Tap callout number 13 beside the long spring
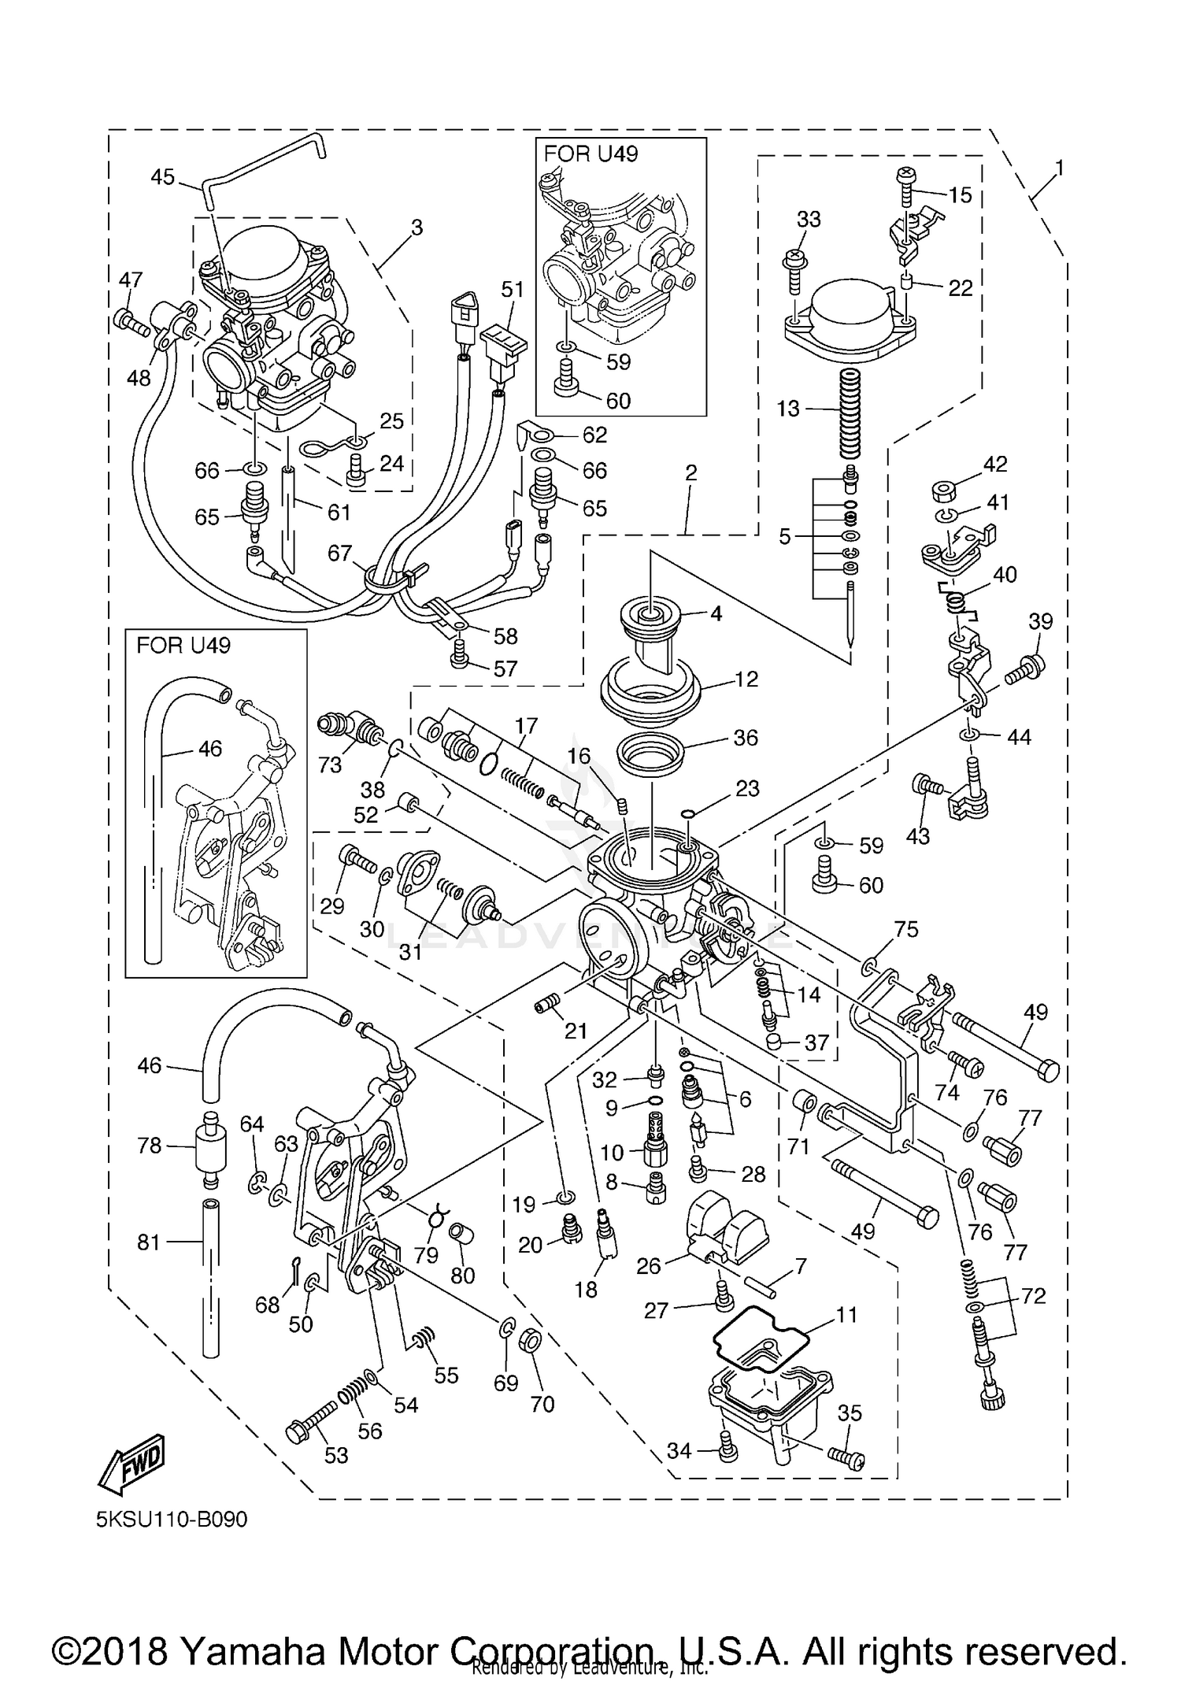click(x=787, y=409)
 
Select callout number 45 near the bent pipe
click(x=163, y=177)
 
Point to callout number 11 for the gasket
click(x=846, y=1314)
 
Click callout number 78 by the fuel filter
click(x=150, y=1145)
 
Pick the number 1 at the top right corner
click(x=1059, y=168)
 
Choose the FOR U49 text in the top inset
click(x=590, y=154)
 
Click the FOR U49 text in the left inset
click(x=183, y=646)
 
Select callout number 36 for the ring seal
click(x=745, y=738)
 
